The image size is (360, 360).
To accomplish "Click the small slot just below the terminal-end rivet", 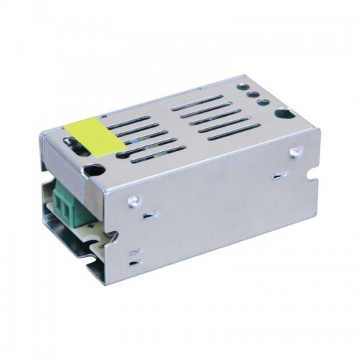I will (x=145, y=215).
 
